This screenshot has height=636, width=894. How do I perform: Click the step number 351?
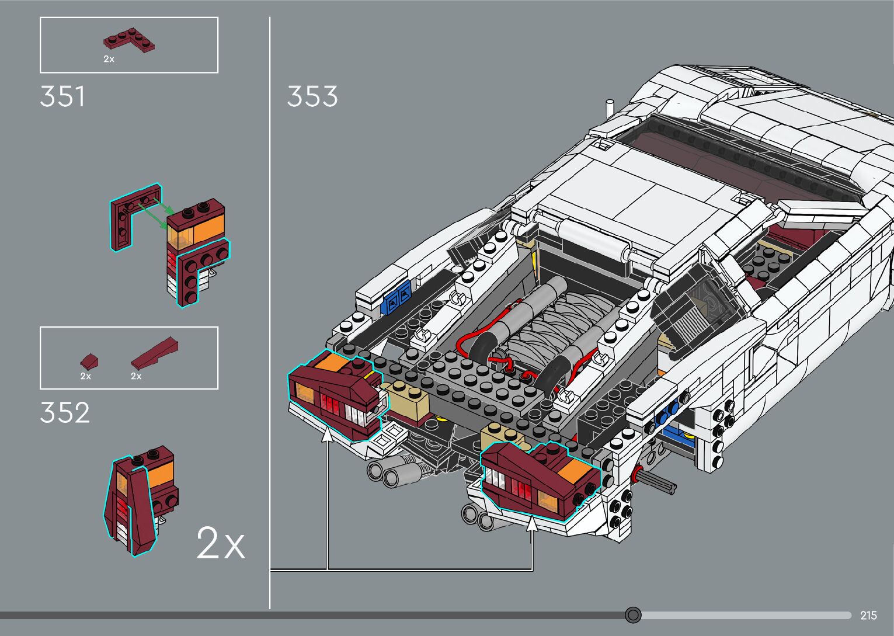tap(62, 97)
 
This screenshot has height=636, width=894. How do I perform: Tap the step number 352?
tap(65, 413)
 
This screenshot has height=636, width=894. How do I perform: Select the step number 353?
tap(312, 97)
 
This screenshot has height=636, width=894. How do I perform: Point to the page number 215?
tap(868, 616)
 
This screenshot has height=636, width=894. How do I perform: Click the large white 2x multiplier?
tap(220, 543)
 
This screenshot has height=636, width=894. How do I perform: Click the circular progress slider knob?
tap(633, 615)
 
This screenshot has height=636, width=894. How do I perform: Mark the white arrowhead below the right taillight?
tap(532, 524)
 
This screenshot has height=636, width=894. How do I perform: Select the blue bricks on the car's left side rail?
tap(397, 298)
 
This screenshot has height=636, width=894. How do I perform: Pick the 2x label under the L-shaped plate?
tap(109, 59)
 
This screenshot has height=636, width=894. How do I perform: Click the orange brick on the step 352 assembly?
tap(161, 474)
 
